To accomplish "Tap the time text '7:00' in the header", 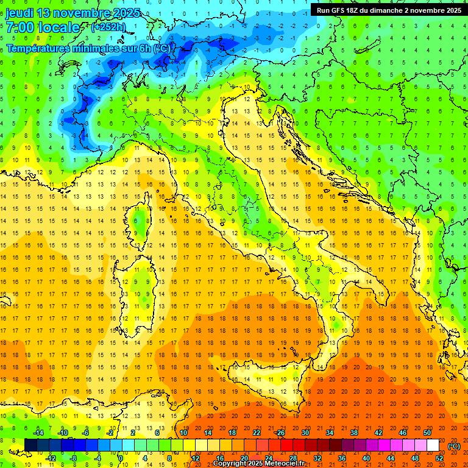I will [x=20, y=28].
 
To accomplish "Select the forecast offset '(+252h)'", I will [x=108, y=27].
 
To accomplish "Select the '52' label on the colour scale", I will [x=439, y=458].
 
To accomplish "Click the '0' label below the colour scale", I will [x=121, y=458].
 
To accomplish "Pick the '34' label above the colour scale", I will [x=329, y=432].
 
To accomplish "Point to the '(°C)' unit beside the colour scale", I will [x=454, y=445].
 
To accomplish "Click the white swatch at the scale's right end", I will [x=433, y=445].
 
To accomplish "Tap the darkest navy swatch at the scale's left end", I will [x=30, y=445].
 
